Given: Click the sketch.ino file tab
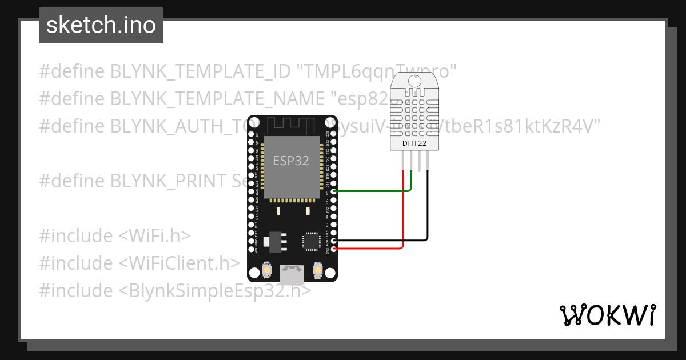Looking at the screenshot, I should pos(101,25).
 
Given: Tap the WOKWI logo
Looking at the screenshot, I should pos(607,315).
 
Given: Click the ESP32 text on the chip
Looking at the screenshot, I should pos(291,161).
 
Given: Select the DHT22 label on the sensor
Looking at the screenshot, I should pos(415,142).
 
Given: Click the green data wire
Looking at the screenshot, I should pos(372,191).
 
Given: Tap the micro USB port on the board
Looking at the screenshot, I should pos(292,274).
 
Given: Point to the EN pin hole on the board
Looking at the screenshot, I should pos(250,127).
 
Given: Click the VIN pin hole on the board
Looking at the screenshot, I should pos(250,249).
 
